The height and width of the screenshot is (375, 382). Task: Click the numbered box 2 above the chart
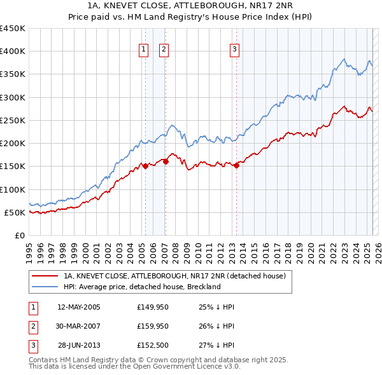pos(164,50)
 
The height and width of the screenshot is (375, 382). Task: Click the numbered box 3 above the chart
pos(234,50)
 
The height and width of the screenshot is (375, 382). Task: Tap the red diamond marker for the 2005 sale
pos(145,167)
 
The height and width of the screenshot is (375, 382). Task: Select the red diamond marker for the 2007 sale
pos(166,161)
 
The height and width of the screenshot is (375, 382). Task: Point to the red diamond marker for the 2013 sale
pos(236,165)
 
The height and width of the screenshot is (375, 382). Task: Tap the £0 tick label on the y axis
pos(19,235)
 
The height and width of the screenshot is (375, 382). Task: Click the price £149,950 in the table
pos(152,307)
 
